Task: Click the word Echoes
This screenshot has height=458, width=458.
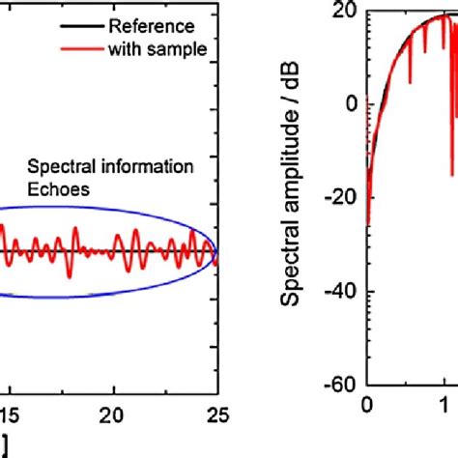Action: point(59,190)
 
